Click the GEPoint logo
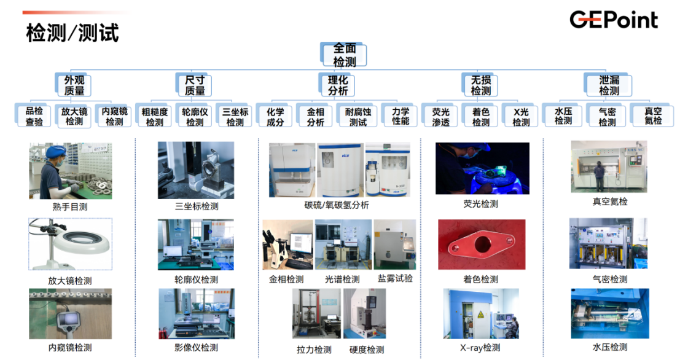click(x=613, y=20)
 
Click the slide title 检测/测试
click(x=72, y=32)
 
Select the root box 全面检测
click(x=344, y=55)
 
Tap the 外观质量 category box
click(x=74, y=85)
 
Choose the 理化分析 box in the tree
click(x=337, y=85)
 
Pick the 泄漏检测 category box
click(x=609, y=85)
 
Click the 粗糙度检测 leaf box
click(x=154, y=116)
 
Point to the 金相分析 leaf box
click(x=315, y=116)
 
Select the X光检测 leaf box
click(x=521, y=116)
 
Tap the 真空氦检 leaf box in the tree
click(x=652, y=116)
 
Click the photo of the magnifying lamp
click(x=70, y=244)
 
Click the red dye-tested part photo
click(x=481, y=245)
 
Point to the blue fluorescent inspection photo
click(x=482, y=168)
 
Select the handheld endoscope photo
click(x=70, y=313)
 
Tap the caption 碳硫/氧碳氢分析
click(x=336, y=205)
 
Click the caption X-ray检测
click(x=481, y=347)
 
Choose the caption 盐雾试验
click(x=395, y=278)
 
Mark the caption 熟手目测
click(x=70, y=207)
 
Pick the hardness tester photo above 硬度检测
click(x=364, y=313)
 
